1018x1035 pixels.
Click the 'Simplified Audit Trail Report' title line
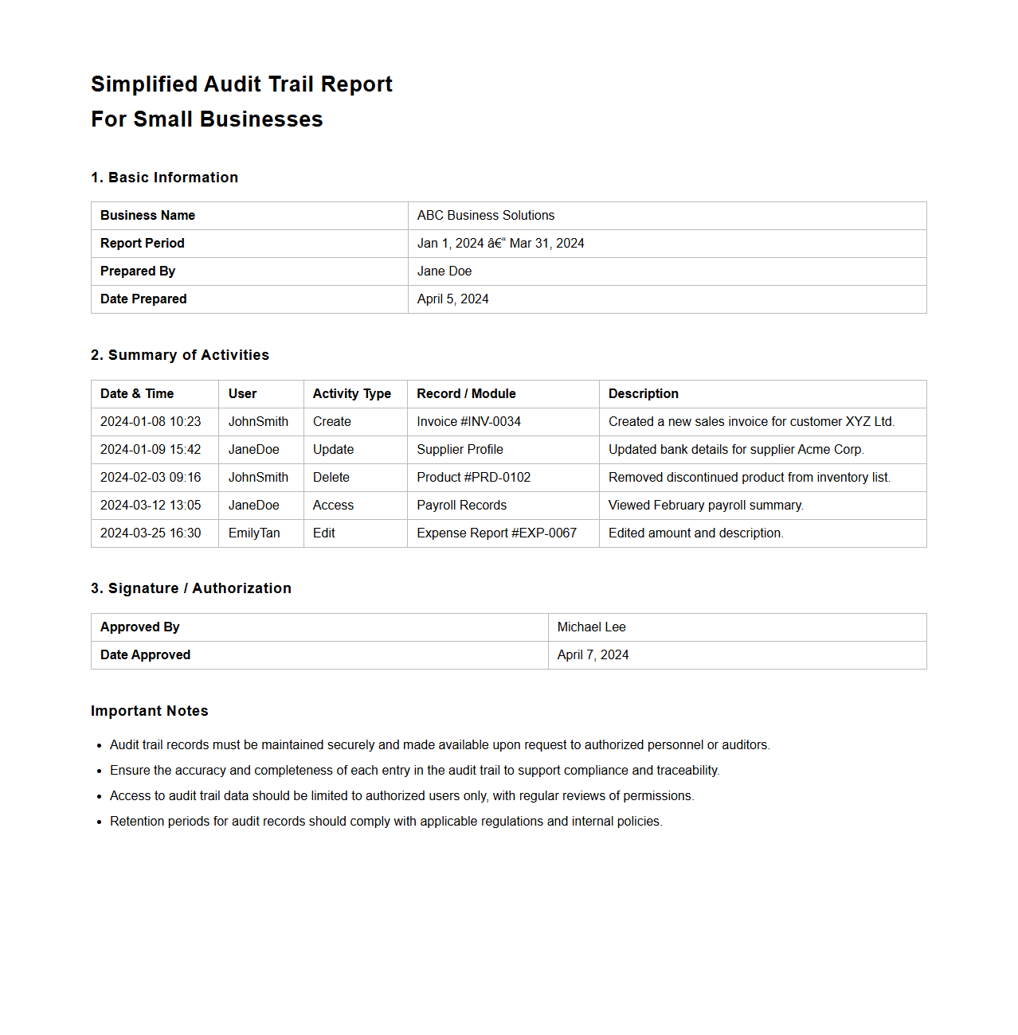[x=241, y=84]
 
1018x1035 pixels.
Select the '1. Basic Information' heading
[x=164, y=178]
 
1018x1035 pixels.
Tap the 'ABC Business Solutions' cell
[x=485, y=216]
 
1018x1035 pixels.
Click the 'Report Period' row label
[x=142, y=244]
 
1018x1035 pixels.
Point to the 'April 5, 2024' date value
[x=452, y=299]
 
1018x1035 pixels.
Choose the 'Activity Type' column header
[x=351, y=394]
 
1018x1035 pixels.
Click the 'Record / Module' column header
[x=466, y=394]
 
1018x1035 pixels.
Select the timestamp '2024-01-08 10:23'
[x=151, y=422]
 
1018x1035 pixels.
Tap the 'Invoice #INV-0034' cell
[x=468, y=422]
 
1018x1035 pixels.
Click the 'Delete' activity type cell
[x=331, y=478]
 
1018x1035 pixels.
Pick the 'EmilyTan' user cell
[x=254, y=533]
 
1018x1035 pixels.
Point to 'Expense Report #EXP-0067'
[x=496, y=533]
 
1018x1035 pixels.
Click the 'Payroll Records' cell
[x=461, y=506]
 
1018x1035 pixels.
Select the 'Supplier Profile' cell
[x=460, y=450]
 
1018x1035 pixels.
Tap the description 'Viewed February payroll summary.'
[x=706, y=506]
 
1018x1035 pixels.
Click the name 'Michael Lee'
[x=591, y=627]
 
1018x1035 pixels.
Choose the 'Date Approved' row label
[x=145, y=655]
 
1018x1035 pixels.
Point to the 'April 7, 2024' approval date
[x=593, y=655]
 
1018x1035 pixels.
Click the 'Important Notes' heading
[x=150, y=711]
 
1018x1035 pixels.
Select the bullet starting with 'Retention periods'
[x=386, y=822]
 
